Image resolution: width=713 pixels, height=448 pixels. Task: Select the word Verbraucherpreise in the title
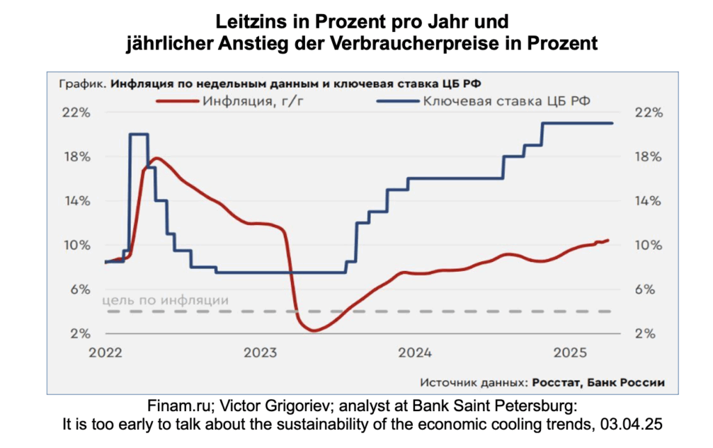[457, 43]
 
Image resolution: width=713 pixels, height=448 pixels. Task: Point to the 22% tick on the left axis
[77, 112]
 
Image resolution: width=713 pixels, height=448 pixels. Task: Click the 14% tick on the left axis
[77, 201]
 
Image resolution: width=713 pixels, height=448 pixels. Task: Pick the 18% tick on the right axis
[646, 157]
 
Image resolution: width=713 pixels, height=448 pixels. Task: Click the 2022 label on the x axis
[106, 352]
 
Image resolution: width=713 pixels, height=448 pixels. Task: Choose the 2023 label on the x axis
[261, 352]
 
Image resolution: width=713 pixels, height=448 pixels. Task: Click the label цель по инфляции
[166, 300]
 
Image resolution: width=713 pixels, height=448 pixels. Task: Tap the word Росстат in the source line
[557, 382]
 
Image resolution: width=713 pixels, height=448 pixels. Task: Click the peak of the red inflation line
[157, 158]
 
